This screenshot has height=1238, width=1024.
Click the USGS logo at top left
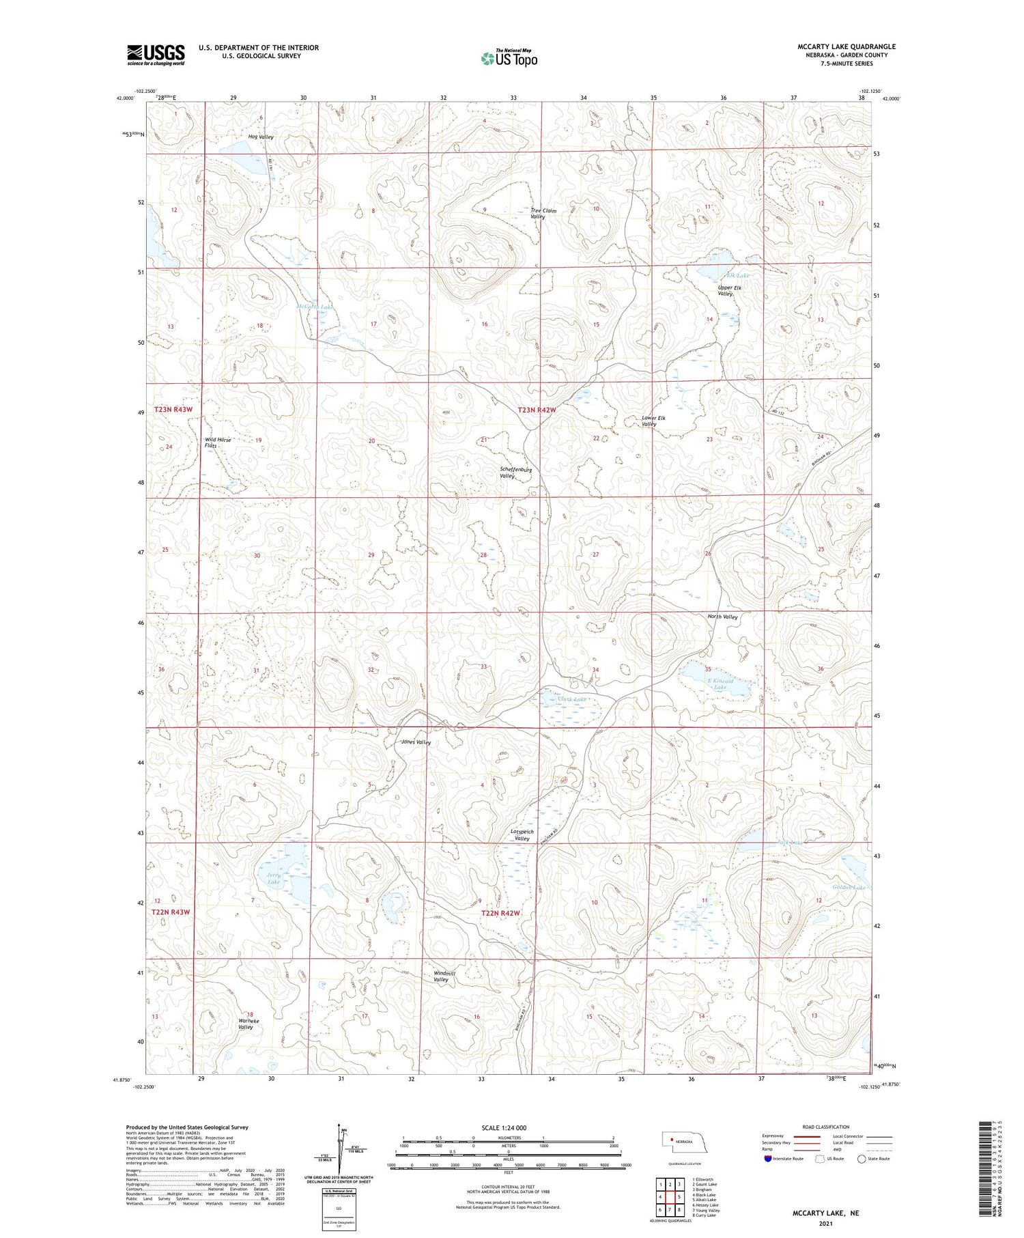pos(156,55)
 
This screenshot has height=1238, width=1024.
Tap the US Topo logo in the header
pos(509,59)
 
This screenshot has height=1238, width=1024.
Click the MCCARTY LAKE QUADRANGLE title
pos(847,46)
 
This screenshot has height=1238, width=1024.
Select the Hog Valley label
pos(261,137)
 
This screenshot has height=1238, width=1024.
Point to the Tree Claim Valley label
pos(543,214)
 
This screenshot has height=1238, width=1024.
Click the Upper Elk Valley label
pos(729,291)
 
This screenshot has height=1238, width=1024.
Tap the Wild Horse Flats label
pos(217,442)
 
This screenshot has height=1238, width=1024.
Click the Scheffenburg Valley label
pos(515,473)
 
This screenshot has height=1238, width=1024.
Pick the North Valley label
pos(722,617)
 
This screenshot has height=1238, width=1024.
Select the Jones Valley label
pos(416,742)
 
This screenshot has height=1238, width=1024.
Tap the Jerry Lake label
pos(274,878)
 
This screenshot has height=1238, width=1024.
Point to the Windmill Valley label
pos(441,976)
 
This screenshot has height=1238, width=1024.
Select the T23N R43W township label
pos(173,410)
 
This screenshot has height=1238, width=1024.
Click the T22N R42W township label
pos(500,913)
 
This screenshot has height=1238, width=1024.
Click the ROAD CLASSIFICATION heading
pos(825,1127)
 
